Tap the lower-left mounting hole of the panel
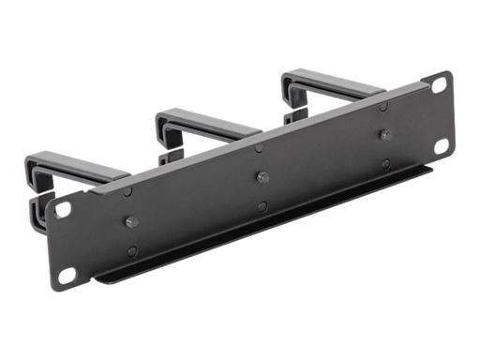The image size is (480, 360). (67, 275)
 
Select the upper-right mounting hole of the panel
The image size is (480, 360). (438, 84)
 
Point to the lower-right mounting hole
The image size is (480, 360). (442, 144)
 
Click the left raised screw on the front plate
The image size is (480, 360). (130, 222)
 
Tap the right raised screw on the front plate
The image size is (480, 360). (385, 134)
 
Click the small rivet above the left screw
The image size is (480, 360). (128, 191)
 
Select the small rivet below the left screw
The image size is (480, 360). (132, 251)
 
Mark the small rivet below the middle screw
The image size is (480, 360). (263, 206)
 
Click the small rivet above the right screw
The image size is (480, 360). (382, 106)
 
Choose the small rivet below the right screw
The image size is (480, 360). (386, 163)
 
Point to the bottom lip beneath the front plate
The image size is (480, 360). (262, 230)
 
